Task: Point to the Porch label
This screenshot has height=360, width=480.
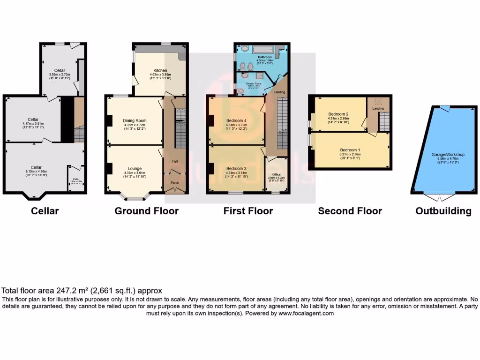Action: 174,183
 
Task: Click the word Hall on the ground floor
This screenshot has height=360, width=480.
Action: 174,161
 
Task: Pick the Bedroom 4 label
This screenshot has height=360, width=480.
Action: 236,120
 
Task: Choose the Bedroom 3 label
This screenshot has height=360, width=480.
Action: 236,168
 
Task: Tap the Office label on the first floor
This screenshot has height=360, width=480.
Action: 276,174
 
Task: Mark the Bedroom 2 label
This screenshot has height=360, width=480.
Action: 337,114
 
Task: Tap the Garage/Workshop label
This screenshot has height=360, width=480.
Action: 448,154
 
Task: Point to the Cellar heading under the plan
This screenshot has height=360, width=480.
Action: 45,211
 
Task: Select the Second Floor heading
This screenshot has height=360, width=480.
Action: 350,211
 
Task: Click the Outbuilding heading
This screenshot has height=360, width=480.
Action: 443,211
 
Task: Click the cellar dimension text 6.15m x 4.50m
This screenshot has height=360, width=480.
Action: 36,172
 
